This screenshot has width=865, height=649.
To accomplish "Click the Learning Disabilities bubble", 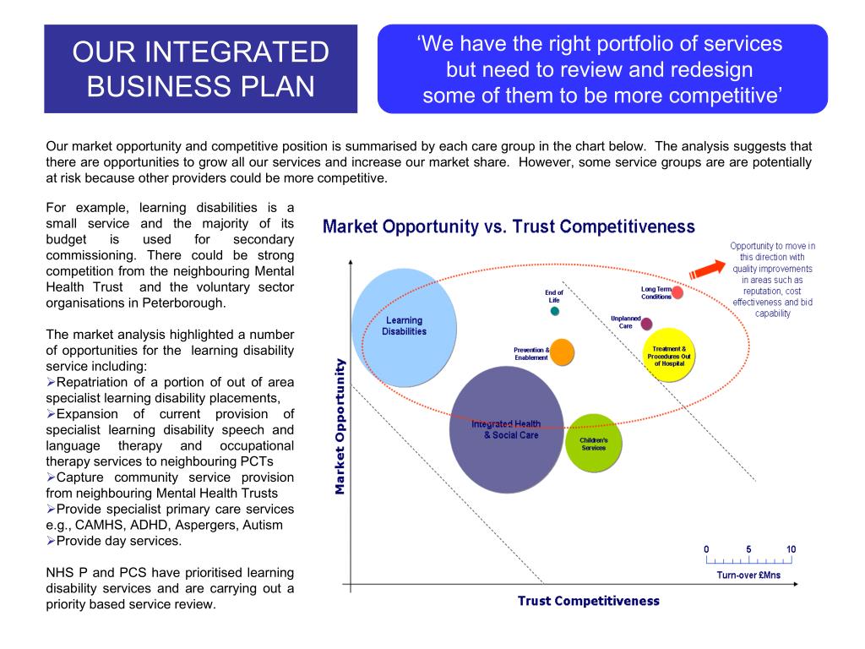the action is pos(405,328).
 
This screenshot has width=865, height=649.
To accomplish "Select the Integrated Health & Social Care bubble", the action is pos(507,429).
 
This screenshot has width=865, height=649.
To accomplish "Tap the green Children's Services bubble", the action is pos(594,443).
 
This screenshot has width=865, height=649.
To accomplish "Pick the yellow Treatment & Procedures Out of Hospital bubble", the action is pos(669,355).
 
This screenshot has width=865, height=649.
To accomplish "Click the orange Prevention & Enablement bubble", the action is pos(562,352).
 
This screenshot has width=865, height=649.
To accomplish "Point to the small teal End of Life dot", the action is pos(555,311).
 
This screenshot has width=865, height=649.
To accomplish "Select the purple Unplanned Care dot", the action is pos(646,324).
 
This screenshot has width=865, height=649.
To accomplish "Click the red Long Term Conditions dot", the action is pos(677,292).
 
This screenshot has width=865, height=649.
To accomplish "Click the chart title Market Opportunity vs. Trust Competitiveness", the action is pos(509,226).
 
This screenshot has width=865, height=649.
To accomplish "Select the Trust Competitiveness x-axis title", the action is pos(589,601).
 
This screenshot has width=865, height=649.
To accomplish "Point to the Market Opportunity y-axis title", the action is pos(340,427).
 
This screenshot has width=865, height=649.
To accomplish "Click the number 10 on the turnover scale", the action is pos(791,549).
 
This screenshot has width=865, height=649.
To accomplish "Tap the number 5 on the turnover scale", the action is pos(748,549).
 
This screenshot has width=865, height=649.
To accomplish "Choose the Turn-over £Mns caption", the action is pos(748,575).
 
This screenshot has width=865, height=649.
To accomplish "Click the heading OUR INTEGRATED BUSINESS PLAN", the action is pos(201,69).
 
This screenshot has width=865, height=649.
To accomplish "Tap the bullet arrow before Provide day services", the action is pos(51,541).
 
